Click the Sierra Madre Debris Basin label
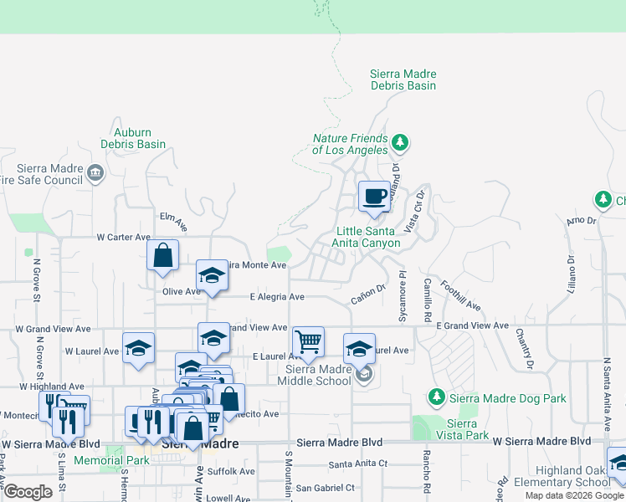(x=403, y=79)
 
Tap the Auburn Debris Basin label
(x=132, y=138)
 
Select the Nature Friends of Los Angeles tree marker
(x=400, y=143)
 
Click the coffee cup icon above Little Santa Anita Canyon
(x=374, y=197)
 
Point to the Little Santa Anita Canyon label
(x=367, y=237)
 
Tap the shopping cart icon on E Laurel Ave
(x=308, y=341)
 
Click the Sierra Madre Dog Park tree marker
(x=434, y=395)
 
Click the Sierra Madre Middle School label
(x=317, y=375)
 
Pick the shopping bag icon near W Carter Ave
(x=163, y=256)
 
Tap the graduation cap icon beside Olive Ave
(x=213, y=275)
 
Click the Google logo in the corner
(x=28, y=491)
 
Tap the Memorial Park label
(x=111, y=460)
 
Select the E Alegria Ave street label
(x=277, y=297)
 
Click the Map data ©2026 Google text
(x=574, y=495)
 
